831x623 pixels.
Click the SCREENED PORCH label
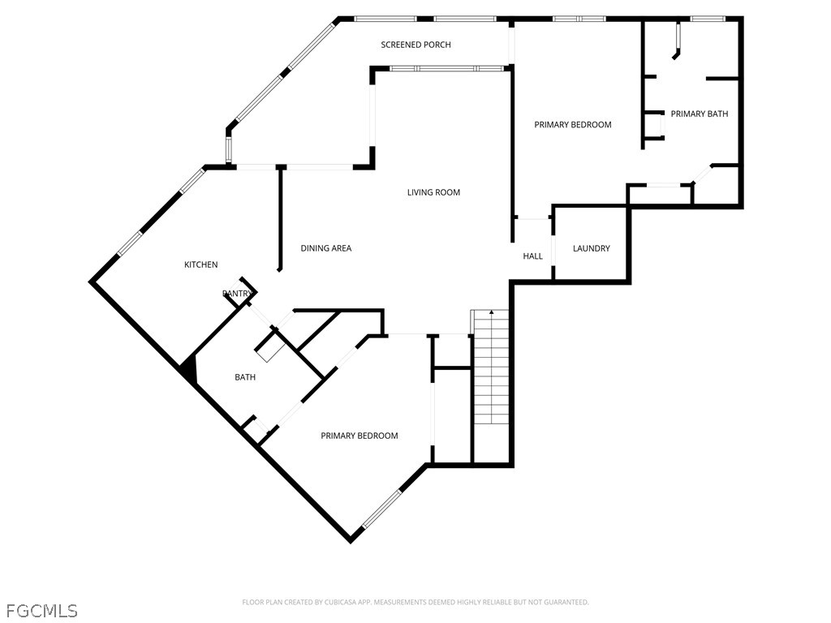[x=415, y=45]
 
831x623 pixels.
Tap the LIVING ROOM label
[x=433, y=193]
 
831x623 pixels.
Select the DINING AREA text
[x=326, y=248]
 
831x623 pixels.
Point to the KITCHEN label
[x=201, y=265]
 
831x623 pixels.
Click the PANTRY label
[x=237, y=294]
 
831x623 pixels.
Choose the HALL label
[x=532, y=256]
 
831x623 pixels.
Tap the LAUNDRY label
[x=592, y=248]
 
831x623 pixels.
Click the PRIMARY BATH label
[x=700, y=114]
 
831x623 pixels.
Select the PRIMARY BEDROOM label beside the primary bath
[x=573, y=125]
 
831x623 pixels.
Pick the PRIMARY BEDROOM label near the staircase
[x=360, y=436]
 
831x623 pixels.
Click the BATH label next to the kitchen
[x=245, y=377]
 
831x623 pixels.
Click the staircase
[x=491, y=371]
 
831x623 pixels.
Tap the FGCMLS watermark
[x=42, y=611]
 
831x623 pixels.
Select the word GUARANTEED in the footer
[x=567, y=603]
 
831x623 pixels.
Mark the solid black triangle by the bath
[x=190, y=369]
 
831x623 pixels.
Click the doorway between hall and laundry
[x=553, y=249]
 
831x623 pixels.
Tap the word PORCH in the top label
[x=437, y=45]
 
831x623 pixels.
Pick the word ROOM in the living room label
[x=448, y=193]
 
